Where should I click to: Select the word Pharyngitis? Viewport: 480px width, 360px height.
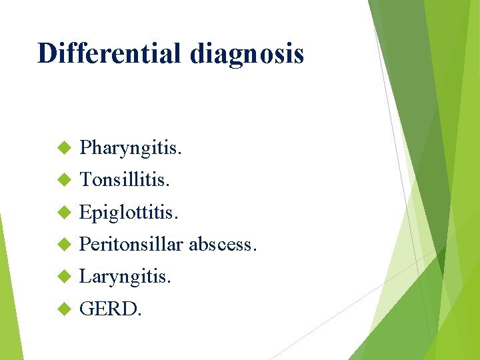click(129, 148)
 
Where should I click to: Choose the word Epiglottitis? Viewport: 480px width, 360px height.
click(129, 212)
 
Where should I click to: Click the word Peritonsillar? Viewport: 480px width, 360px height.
click(131, 244)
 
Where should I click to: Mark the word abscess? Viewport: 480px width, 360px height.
click(221, 244)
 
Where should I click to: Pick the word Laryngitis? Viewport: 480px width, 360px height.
click(125, 276)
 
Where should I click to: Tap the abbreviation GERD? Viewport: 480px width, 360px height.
click(109, 308)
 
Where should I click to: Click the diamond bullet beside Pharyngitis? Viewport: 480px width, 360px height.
click(64, 147)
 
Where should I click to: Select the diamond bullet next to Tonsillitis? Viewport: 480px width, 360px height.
click(64, 179)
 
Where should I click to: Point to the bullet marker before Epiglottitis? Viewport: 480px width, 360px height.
click(64, 212)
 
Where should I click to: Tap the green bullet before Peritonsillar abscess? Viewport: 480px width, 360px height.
click(64, 244)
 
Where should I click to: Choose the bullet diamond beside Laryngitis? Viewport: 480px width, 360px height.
click(64, 276)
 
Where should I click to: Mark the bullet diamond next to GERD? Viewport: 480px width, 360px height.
click(64, 308)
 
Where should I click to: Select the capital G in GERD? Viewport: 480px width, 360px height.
click(86, 308)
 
